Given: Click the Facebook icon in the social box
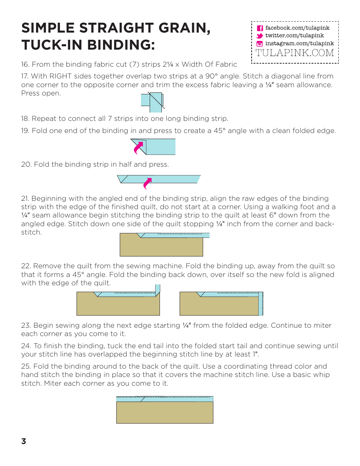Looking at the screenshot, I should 260,28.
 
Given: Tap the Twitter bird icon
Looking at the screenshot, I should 260,36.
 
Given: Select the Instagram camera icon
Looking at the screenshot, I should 260,44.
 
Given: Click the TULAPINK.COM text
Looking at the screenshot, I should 295,53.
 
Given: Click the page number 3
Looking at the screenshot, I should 24,441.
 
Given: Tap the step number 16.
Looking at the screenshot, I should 25,64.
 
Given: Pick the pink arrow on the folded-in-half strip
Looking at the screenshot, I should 147,183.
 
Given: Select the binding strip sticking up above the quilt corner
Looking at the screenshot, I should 158,289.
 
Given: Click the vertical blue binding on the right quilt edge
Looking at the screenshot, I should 260,304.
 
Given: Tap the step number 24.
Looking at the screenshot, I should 25,346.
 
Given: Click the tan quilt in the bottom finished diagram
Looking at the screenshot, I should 164,413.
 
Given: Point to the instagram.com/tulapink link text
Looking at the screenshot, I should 299,44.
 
